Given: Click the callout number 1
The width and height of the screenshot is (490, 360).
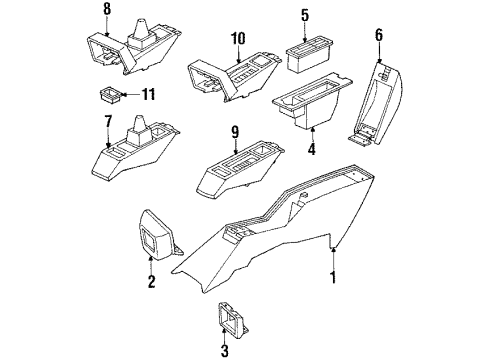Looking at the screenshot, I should point(335,270).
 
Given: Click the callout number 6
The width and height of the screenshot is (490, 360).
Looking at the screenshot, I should point(378,35).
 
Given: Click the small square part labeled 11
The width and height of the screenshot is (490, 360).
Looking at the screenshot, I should point(111,97).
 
